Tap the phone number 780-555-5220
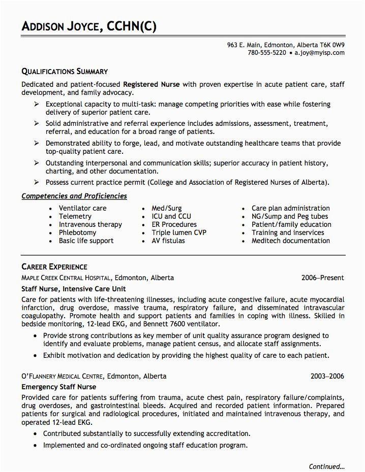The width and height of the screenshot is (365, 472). pyautogui.click(x=267, y=53)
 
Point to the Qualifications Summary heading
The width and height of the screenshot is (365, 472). pyautogui.click(x=65, y=71)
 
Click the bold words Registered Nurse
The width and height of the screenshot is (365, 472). pyautogui.click(x=151, y=84)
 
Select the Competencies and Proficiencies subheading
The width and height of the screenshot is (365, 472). pyautogui.click(x=74, y=196)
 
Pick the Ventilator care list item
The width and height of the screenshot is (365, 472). pyautogui.click(x=83, y=208)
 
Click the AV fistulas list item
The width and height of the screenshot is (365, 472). pyautogui.click(x=168, y=241)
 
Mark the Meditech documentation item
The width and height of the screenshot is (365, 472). pyautogui.click(x=290, y=241)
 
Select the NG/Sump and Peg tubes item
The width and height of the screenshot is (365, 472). pyautogui.click(x=290, y=216)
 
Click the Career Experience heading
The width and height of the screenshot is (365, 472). pyautogui.click(x=54, y=266)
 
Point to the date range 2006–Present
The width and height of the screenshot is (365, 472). pyautogui.click(x=322, y=278)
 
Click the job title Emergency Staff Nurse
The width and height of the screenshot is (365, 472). pyautogui.click(x=59, y=387)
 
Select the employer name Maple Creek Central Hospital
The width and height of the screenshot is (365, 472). pyautogui.click(x=66, y=278)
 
